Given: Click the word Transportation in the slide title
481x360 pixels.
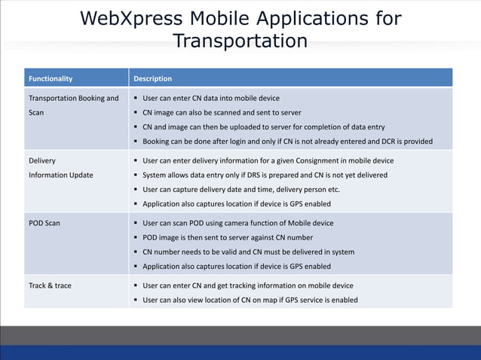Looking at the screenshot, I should coord(240,40).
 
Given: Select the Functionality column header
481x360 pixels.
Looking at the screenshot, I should coord(51,78).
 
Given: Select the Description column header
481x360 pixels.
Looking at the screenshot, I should coord(152,78).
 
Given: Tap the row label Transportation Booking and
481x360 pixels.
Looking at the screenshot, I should coord(73,98).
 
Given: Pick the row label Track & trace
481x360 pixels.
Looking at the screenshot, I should coord(50,285).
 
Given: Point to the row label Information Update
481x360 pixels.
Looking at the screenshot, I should coord(60,175).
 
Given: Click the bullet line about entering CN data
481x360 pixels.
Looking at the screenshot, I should coord(210,98).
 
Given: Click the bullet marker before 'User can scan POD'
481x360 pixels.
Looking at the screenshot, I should coord(135,223).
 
